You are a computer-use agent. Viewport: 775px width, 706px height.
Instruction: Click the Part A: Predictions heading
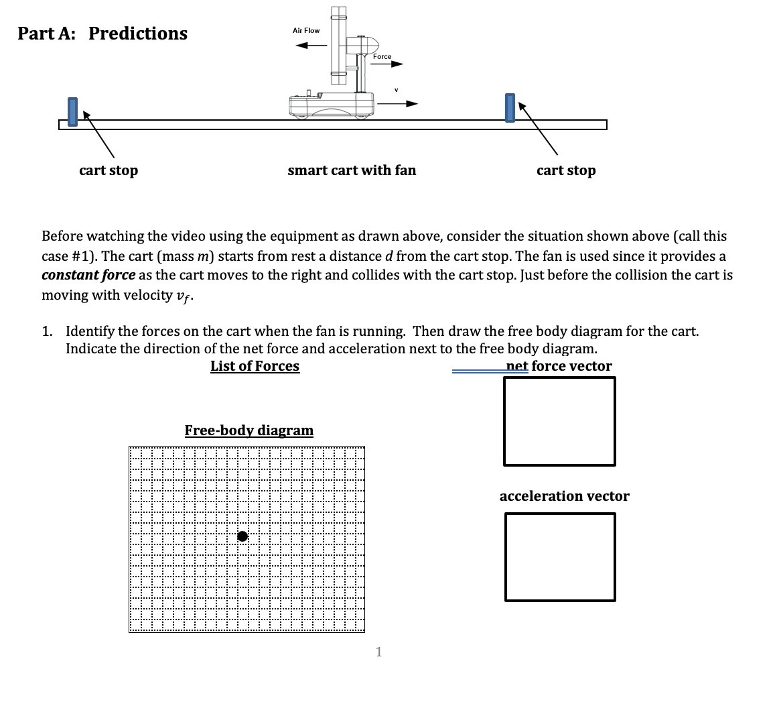(x=102, y=34)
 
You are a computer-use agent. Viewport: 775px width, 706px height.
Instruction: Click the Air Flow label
(x=306, y=31)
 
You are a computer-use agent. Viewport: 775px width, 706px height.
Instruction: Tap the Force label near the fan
(x=382, y=57)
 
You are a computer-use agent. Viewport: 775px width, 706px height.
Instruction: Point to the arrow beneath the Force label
(x=389, y=65)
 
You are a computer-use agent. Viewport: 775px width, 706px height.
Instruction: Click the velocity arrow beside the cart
(x=397, y=104)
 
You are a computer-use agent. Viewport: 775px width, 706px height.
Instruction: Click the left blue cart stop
(x=72, y=111)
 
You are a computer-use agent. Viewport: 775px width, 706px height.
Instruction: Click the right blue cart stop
(x=510, y=108)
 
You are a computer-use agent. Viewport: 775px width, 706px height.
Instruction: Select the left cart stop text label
(x=109, y=170)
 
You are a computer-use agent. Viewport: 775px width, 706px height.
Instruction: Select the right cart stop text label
(x=566, y=170)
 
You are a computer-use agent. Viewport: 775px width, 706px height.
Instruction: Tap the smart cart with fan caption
(x=352, y=170)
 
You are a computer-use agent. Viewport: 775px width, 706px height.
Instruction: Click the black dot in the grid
(x=242, y=536)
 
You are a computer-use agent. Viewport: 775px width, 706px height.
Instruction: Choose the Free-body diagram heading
(x=249, y=430)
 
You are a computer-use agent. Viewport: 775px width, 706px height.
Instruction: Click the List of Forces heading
(x=255, y=366)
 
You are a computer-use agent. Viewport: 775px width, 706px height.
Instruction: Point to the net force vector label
(x=559, y=366)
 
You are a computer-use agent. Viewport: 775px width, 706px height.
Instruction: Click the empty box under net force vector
(x=559, y=421)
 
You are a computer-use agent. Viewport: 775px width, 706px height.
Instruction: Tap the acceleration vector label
(x=564, y=496)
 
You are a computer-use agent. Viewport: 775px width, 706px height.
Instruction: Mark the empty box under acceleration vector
(x=560, y=557)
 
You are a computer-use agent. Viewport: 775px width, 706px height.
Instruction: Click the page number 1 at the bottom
(x=379, y=652)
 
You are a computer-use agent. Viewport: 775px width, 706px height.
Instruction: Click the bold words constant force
(x=88, y=276)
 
